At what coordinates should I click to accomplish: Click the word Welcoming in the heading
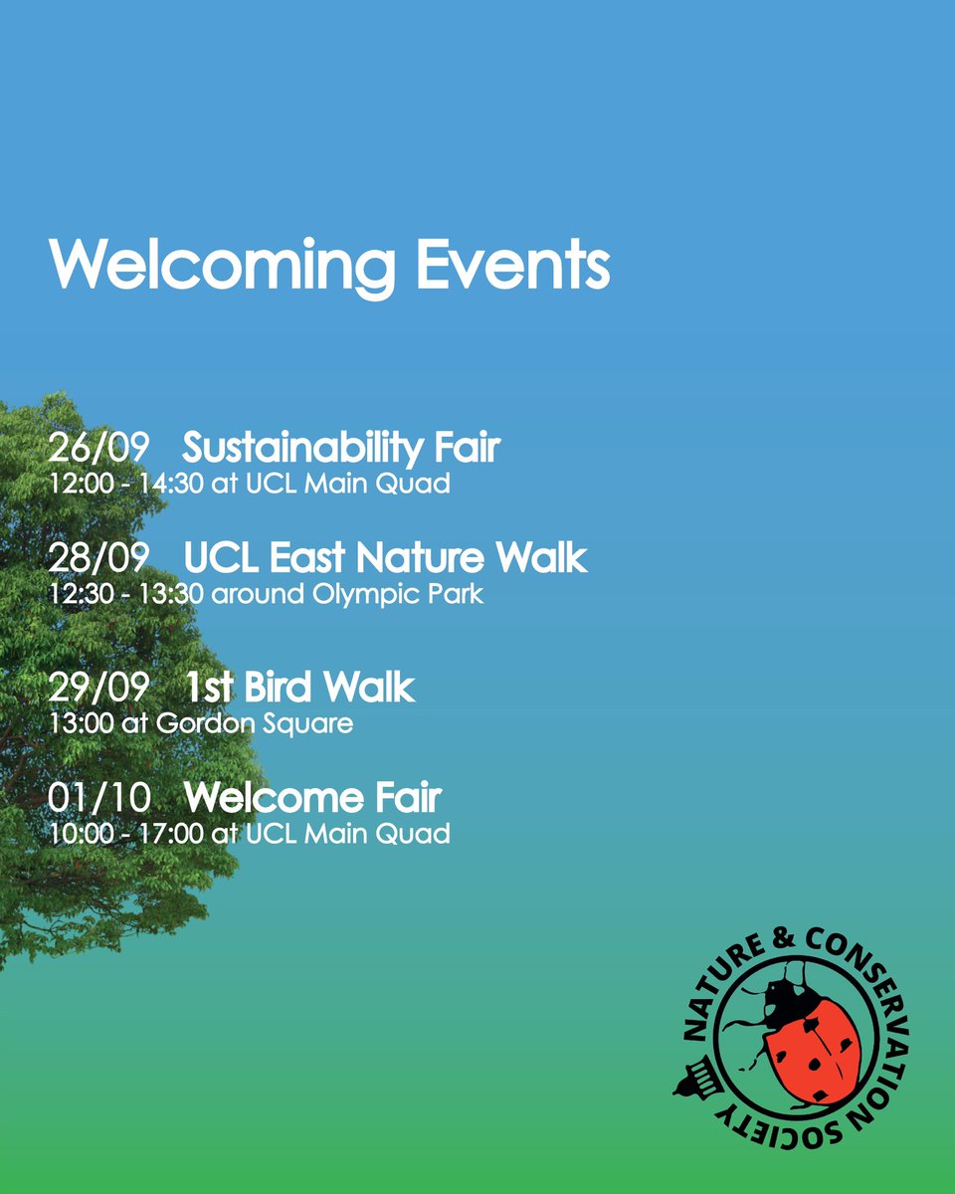[221, 266]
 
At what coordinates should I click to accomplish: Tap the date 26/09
[97, 449]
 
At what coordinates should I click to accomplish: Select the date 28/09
[97, 558]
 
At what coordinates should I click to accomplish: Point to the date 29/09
[97, 688]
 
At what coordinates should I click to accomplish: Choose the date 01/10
[97, 798]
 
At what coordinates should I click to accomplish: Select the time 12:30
[79, 595]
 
